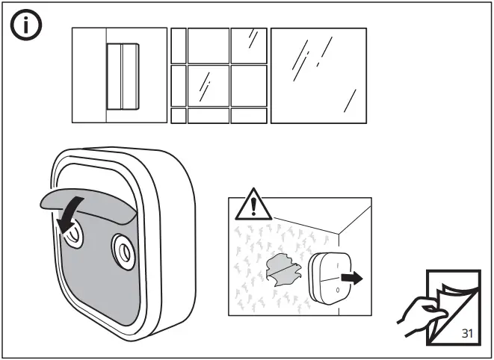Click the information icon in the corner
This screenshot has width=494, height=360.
click(25, 28)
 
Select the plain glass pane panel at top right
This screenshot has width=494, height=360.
click(318, 75)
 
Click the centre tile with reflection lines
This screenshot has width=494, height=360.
click(208, 86)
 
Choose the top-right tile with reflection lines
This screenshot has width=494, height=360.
click(248, 45)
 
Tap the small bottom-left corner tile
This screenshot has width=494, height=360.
click(178, 116)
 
